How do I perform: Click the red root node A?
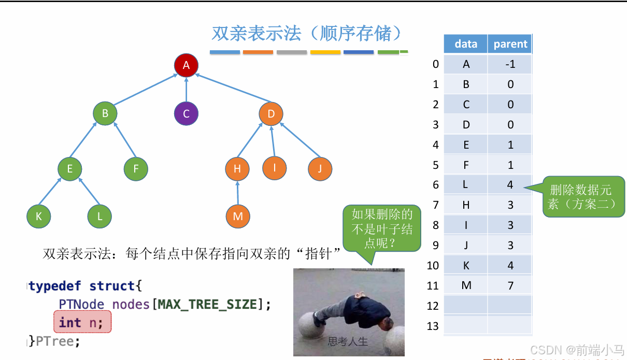coord(186,65)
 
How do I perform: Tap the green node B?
coord(105,113)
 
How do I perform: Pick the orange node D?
coord(271,113)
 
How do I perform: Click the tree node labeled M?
coord(238,216)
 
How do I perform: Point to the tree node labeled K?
coord(39,217)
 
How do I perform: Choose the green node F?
coord(136,168)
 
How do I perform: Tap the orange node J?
coord(320,168)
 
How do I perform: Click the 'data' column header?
coord(465,44)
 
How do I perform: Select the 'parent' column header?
coord(510,44)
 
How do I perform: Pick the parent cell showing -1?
coord(510,64)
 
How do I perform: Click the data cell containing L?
coord(465,184)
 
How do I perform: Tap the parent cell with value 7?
coord(510,285)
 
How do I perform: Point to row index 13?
coord(433,326)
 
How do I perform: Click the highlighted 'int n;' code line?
coord(82,323)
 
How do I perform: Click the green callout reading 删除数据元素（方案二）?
coord(583,197)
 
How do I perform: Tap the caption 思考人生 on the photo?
coord(348,341)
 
